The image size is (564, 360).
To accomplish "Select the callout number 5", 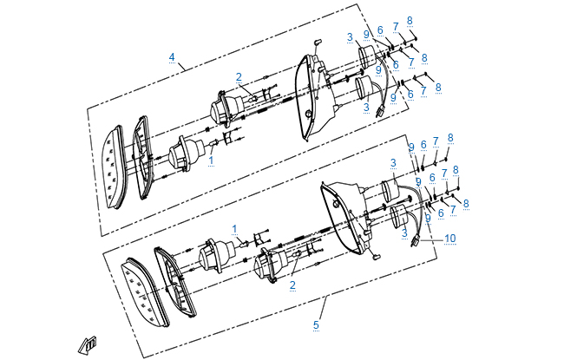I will pyautogui.click(x=316, y=324).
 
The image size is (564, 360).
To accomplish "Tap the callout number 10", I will pyautogui.click(x=449, y=238).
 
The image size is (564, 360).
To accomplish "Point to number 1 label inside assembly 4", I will pyautogui.click(x=210, y=160).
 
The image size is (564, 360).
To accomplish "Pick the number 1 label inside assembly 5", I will pyautogui.click(x=234, y=228).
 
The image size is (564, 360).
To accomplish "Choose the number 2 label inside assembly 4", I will pyautogui.click(x=238, y=76).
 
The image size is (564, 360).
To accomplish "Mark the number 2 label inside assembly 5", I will pyautogui.click(x=293, y=285).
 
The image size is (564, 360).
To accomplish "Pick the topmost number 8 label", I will pyautogui.click(x=410, y=20).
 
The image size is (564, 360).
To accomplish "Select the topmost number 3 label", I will pyautogui.click(x=349, y=37).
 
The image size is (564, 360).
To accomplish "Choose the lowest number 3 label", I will pyautogui.click(x=404, y=233).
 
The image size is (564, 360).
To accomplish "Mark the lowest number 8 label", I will pyautogui.click(x=466, y=203).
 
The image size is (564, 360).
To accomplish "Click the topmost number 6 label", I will pyautogui.click(x=380, y=30).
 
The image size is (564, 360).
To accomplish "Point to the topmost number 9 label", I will pyautogui.click(x=367, y=34).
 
